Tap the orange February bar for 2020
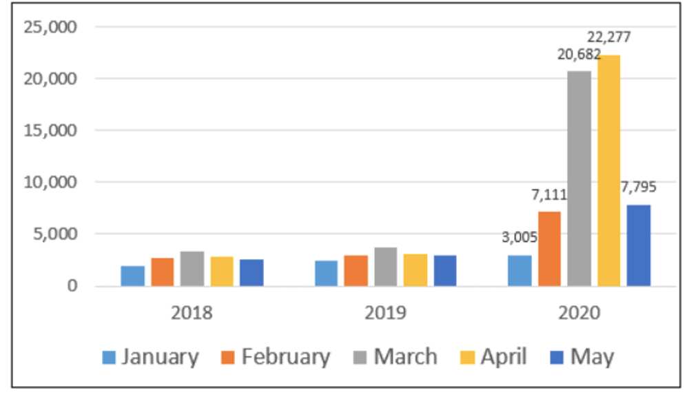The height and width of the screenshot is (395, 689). (549, 248)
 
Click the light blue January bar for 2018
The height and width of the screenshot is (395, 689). (132, 276)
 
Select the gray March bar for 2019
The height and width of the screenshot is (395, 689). (386, 267)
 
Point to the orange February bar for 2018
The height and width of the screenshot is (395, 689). (162, 272)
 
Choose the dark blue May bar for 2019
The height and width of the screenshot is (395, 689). (444, 270)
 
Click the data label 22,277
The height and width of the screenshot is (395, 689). (608, 37)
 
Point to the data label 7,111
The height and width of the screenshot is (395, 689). (548, 195)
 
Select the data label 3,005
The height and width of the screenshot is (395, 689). (519, 239)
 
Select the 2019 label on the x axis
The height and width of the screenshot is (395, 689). (385, 312)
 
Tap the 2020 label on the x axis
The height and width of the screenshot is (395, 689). (579, 312)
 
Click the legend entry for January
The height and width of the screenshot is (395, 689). (151, 357)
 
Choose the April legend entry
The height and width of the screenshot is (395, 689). (493, 357)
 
